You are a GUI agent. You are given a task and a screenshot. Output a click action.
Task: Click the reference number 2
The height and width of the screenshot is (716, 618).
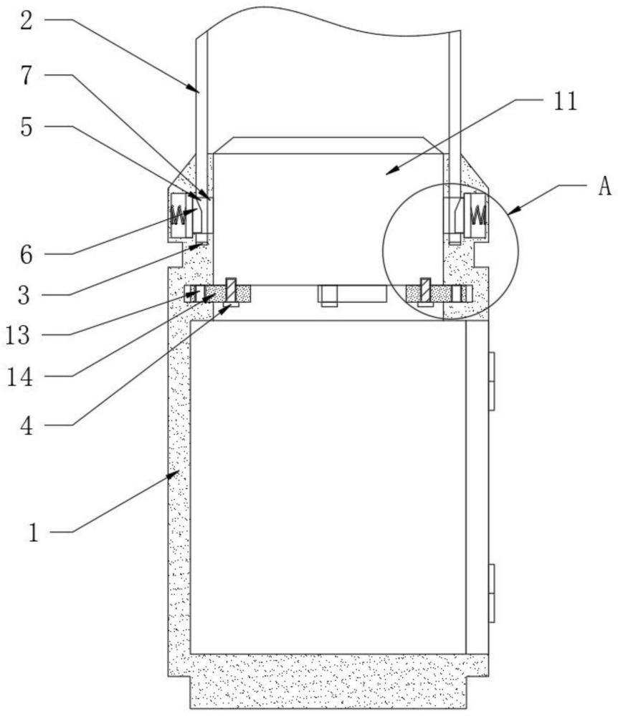[27, 21]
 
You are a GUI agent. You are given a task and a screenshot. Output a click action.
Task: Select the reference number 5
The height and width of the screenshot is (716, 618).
[27, 127]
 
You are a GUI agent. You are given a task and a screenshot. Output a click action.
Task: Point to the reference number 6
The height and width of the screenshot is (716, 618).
[26, 255]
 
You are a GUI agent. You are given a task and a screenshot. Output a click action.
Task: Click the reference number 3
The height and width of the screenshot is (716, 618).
[24, 295]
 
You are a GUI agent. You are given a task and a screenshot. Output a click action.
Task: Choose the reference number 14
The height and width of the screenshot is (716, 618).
[19, 377]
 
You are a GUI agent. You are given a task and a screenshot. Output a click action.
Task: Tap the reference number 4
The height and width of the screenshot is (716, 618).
[27, 426]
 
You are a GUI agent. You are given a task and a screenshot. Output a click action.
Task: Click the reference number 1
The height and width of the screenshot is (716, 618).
[34, 533]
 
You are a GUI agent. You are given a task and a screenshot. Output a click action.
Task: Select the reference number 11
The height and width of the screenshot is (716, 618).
[566, 102]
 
